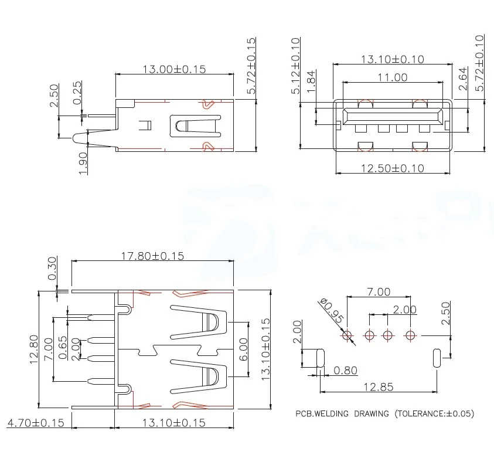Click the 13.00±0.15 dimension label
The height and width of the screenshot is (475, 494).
174,69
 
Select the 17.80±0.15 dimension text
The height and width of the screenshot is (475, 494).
152,256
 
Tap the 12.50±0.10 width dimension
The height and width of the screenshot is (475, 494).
392,168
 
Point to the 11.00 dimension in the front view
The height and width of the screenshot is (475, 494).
392,77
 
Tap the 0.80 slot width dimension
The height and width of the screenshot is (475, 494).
346,371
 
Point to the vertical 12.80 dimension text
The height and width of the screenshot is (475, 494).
33,350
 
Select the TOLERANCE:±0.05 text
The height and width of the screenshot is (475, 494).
434,413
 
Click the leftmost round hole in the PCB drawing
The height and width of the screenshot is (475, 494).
347,335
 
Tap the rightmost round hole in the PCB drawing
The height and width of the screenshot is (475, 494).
410,335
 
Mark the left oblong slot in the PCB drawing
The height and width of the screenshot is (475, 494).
320,358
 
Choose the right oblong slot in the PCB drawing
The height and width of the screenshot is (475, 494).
436,358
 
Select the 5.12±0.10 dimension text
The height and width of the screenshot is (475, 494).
295,66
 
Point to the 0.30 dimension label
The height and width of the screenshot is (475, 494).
53,269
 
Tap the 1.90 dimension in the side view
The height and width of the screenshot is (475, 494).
83,162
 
